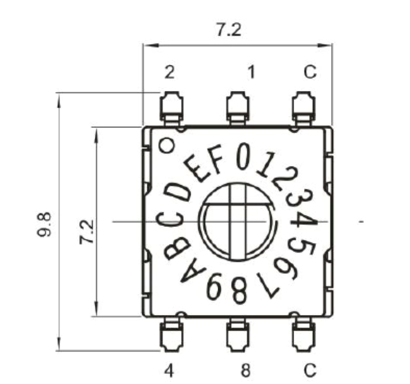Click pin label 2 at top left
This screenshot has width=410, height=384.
point(170,73)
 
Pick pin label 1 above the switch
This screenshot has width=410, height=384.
point(252,73)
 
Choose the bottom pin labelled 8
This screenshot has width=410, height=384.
point(238,334)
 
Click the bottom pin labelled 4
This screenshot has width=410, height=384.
point(171,334)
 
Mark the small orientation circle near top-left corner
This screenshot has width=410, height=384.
point(168,145)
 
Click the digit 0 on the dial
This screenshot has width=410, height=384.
point(244,156)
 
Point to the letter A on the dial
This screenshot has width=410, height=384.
point(193,273)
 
